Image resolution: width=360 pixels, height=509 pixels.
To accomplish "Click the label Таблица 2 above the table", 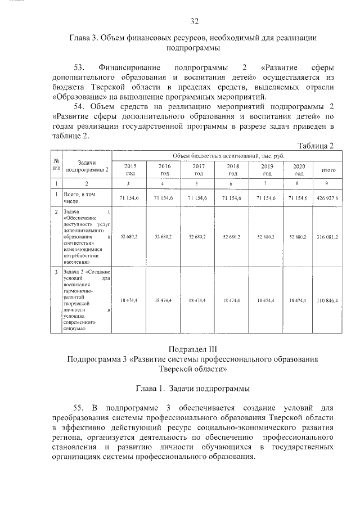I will (316, 146).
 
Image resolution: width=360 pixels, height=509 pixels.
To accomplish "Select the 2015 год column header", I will (130, 170).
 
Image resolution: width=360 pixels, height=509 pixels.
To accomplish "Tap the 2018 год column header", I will (232, 170).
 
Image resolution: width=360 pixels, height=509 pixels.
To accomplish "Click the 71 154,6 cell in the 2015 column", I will (130, 198).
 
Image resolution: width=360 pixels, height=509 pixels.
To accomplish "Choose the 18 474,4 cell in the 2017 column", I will (198, 301).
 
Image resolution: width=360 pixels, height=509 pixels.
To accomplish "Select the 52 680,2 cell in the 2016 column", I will (164, 237).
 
